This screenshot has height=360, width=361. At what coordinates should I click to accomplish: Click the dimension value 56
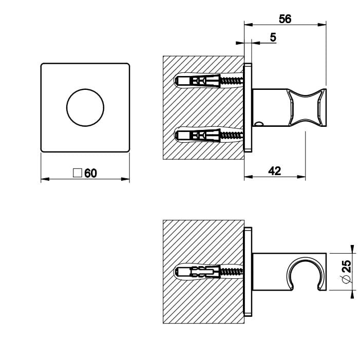tap(285, 18)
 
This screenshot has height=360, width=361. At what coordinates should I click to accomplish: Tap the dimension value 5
tap(273, 37)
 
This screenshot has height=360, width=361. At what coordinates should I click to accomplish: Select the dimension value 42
tap(275, 171)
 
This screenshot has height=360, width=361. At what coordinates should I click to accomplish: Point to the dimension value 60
tap(90, 173)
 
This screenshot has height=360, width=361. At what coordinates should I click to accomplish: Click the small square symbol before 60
tap(78, 173)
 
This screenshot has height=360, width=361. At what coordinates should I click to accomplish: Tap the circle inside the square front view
tap(85, 107)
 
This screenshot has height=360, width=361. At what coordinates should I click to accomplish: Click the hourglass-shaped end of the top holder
tap(308, 106)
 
